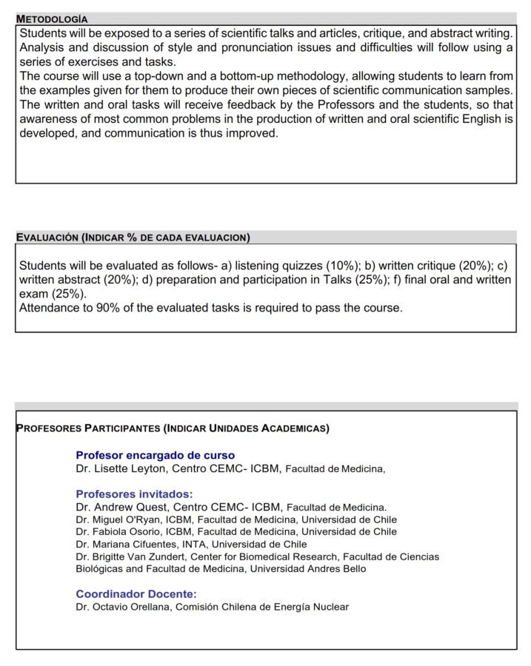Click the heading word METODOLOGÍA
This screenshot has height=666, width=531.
pos(52,18)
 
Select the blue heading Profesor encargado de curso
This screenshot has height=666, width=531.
pos(155,456)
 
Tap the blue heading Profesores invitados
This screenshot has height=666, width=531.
pos(134,494)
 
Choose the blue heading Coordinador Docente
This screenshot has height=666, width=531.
pos(136,593)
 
